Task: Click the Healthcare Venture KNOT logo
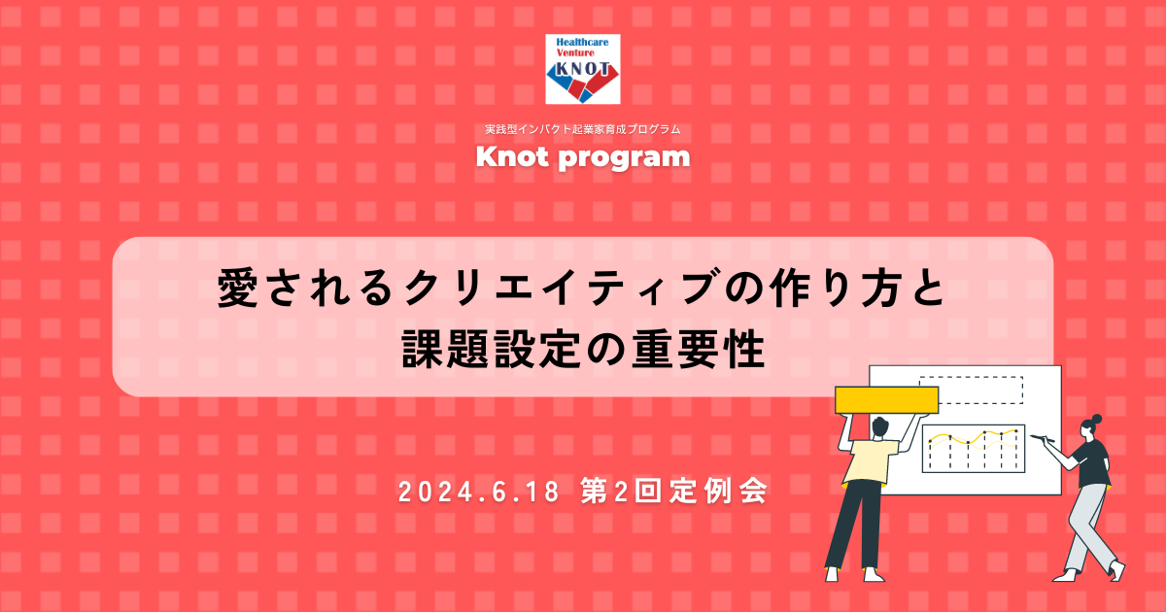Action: click(x=582, y=69)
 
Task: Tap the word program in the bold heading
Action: click(x=624, y=158)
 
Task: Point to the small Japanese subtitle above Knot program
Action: click(x=582, y=129)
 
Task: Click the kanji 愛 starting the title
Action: click(x=237, y=288)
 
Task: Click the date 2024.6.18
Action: click(x=479, y=492)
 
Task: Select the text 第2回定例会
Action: click(x=674, y=492)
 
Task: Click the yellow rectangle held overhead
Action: click(x=886, y=400)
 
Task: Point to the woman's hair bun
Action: click(x=1097, y=419)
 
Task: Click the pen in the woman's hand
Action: click(x=1042, y=439)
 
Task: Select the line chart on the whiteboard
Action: click(x=974, y=449)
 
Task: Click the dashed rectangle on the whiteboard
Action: click(x=972, y=390)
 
